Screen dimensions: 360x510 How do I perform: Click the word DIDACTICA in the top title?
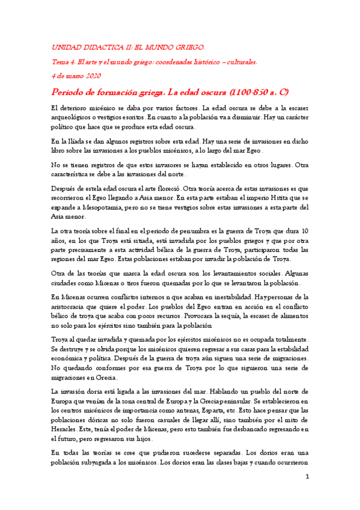(103, 46)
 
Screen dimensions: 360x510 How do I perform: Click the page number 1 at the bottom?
(307, 478)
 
